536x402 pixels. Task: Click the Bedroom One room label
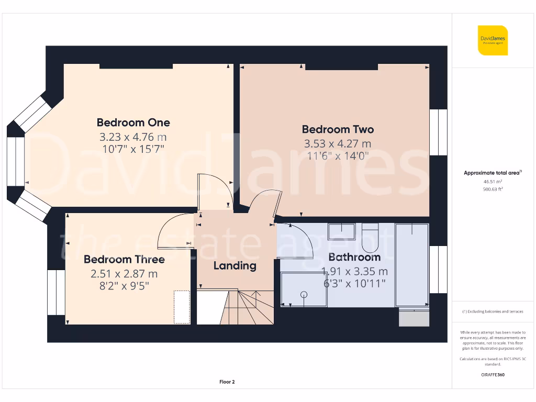click(x=133, y=122)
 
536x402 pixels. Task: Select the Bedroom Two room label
click(x=338, y=129)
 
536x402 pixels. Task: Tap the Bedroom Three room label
click(x=124, y=259)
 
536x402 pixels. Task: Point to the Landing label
click(x=234, y=265)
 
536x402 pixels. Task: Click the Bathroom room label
click(x=354, y=257)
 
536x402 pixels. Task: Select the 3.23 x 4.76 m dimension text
click(x=133, y=137)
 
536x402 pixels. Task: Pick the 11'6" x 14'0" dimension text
click(x=338, y=155)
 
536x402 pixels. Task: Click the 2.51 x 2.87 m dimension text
click(x=124, y=273)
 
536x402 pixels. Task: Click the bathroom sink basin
click(x=341, y=230)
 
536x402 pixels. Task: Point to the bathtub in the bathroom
click(x=412, y=265)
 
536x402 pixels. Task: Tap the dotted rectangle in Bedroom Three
click(x=182, y=307)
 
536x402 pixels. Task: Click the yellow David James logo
click(x=492, y=40)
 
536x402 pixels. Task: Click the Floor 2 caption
click(x=227, y=382)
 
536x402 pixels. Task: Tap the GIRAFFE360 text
click(x=492, y=375)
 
